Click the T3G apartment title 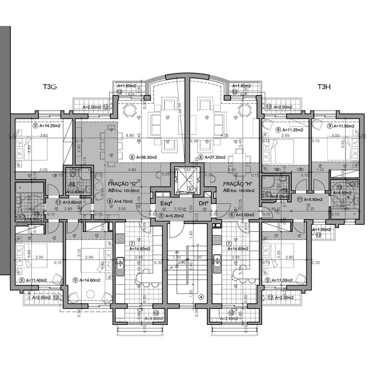(49, 87)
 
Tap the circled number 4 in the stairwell (201, 297)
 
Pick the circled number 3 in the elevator (190, 189)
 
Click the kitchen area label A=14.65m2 (237, 248)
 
